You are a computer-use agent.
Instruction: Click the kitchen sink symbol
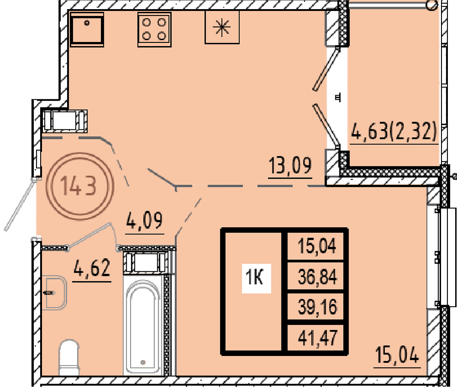pyautogui.click(x=87, y=29)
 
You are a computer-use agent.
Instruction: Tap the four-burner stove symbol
pyautogui.click(x=154, y=29)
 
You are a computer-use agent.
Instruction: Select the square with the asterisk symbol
pyautogui.click(x=222, y=27)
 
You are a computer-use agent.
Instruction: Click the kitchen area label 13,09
pyautogui.click(x=290, y=166)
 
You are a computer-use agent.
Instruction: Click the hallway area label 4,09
pyautogui.click(x=144, y=221)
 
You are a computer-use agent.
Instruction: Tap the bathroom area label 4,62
pyautogui.click(x=92, y=268)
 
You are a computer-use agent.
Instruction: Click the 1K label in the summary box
pyautogui.click(x=255, y=277)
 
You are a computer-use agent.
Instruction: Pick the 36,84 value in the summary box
pyautogui.click(x=317, y=276)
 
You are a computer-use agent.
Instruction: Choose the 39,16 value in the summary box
pyautogui.click(x=317, y=307)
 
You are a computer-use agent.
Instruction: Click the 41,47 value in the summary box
pyautogui.click(x=317, y=338)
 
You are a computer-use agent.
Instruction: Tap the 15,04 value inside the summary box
pyautogui.click(x=317, y=246)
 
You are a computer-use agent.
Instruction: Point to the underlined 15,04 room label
pyautogui.click(x=397, y=355)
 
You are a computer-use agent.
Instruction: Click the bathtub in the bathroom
pyautogui.click(x=143, y=325)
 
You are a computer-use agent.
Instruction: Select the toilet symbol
pyautogui.click(x=69, y=357)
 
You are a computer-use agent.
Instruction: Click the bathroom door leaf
pyautogui.click(x=89, y=235)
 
